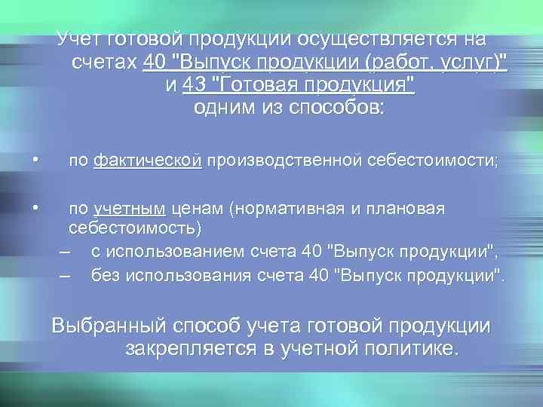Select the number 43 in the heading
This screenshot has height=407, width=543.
(x=192, y=84)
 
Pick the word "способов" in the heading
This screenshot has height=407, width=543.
(x=331, y=107)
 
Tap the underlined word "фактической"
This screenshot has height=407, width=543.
(x=148, y=161)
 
